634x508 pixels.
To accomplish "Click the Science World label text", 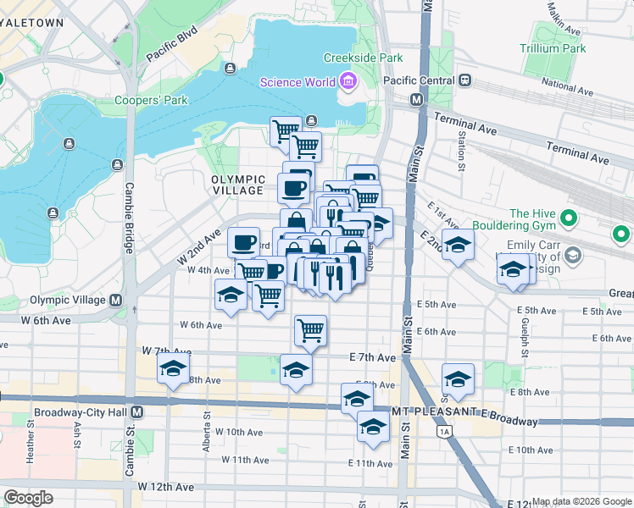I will (297, 82).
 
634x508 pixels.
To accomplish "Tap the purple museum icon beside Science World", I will (347, 82).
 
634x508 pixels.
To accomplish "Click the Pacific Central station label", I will (419, 80).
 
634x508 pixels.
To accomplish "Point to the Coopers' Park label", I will (151, 100).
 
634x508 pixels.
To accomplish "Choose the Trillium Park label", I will (554, 48).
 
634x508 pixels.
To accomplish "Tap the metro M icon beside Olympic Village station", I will (115, 301).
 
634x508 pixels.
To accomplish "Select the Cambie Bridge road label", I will (130, 218).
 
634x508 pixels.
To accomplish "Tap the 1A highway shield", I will (443, 432).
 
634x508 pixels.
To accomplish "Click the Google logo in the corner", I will (28, 498).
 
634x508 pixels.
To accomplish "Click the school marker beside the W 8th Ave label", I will (173, 370).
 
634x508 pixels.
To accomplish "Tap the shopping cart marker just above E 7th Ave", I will (311, 329).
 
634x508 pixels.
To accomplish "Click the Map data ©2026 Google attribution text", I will (581, 501).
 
